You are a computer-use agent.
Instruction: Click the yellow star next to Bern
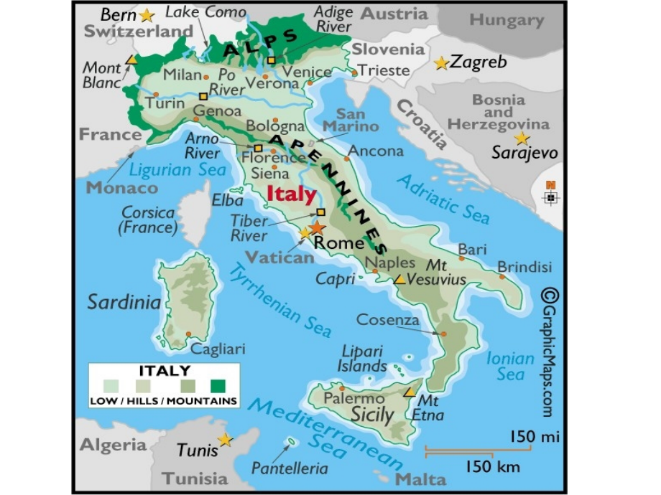coord(147,14)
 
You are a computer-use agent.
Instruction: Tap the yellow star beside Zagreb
coord(441,63)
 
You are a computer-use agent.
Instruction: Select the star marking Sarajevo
coord(522,138)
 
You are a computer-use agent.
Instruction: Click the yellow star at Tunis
coord(226,439)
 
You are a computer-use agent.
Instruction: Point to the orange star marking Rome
coord(317,227)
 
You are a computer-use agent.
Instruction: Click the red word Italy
coord(291,194)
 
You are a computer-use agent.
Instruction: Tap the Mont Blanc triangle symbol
coord(130,60)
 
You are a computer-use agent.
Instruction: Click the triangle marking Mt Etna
coord(409,392)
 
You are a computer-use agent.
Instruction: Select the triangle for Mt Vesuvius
coord(399,279)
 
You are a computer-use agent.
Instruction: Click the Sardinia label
coord(124,302)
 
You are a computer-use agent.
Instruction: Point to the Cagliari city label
coord(218,349)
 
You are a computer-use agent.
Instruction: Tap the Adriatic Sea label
coord(444,199)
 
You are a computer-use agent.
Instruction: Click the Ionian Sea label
coord(510,366)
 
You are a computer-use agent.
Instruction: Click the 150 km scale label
coord(491,467)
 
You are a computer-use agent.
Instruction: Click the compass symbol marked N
coord(551,195)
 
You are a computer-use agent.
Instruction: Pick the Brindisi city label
coord(524,267)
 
